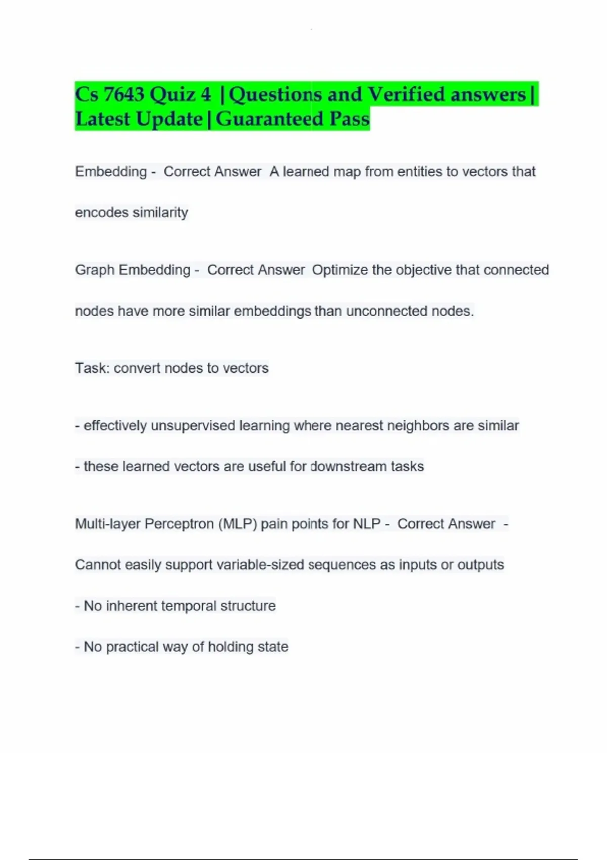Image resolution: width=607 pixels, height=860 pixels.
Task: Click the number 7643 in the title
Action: pos(123,95)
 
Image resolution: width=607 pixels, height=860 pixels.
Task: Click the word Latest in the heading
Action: pos(103,119)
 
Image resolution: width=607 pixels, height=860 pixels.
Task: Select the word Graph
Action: pos(95,270)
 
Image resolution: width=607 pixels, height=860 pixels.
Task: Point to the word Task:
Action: pos(92,368)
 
